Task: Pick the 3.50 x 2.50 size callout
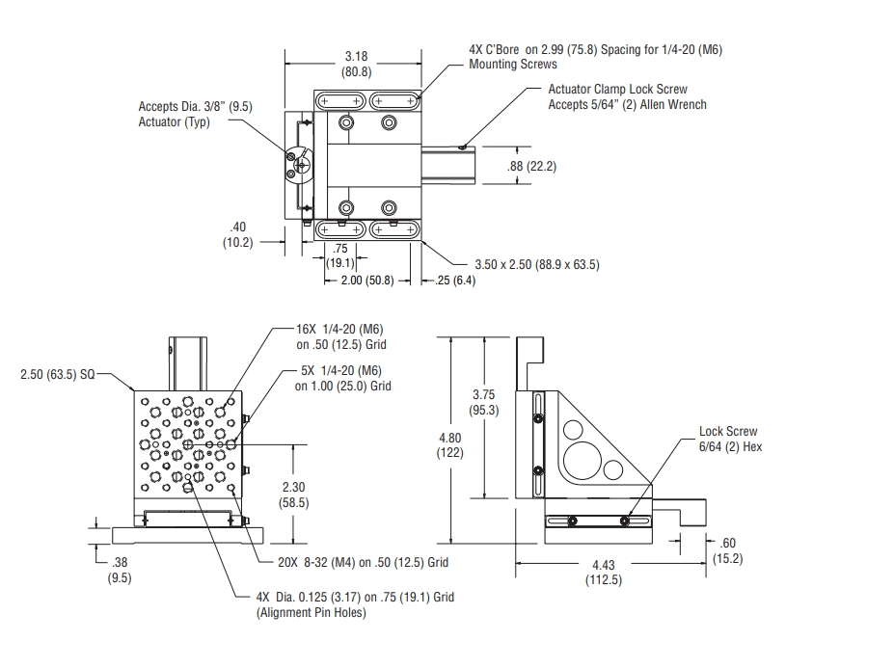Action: pos(536,264)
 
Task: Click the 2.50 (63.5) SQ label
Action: pos(58,373)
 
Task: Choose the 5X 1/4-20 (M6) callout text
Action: pos(342,379)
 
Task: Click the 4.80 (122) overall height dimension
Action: pos(451,444)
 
